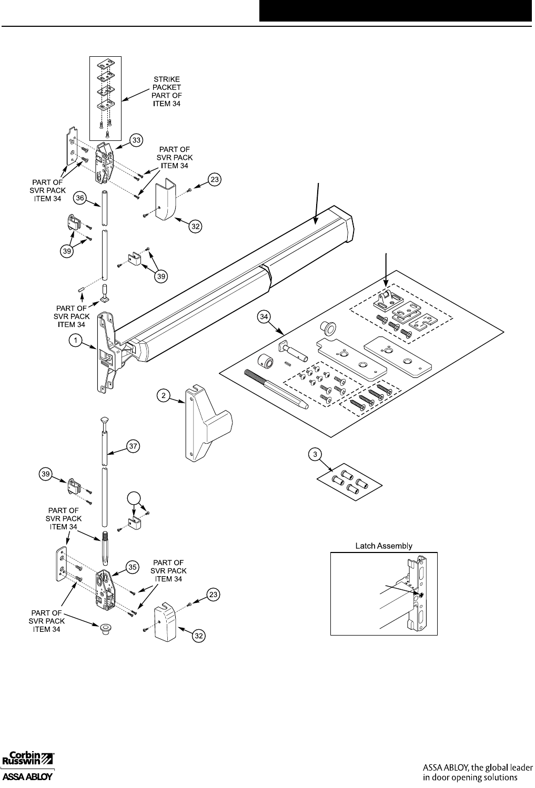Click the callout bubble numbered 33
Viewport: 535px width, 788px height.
[x=136, y=140]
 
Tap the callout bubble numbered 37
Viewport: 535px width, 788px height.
[x=133, y=446]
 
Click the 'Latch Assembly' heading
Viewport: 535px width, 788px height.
[x=383, y=546]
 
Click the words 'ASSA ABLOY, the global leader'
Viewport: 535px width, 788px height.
[x=478, y=766]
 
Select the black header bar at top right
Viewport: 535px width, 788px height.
[x=395, y=11]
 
